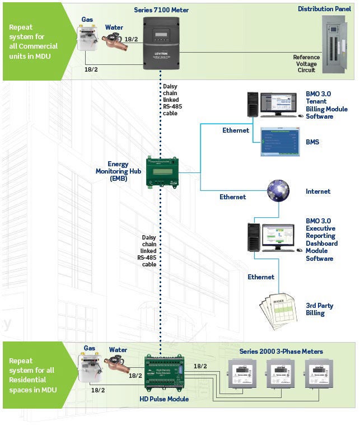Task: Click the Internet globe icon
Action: click(278, 190)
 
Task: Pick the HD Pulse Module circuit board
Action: click(162, 374)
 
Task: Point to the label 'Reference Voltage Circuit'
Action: click(306, 64)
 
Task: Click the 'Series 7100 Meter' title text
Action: click(161, 10)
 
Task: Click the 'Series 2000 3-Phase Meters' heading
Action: click(281, 352)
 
